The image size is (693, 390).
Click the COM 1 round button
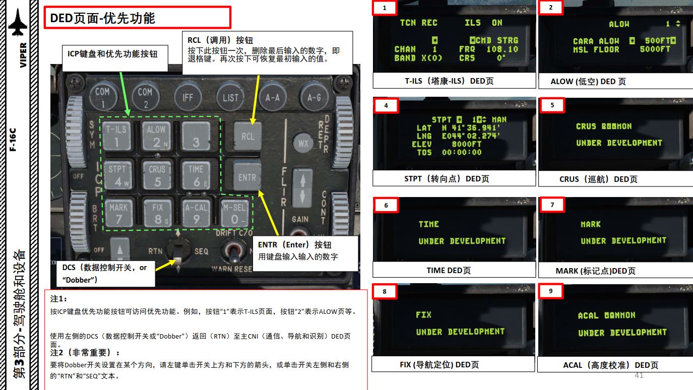pos(102,95)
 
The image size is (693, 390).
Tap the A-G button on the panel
pos(313,96)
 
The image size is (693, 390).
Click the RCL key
pos(247,136)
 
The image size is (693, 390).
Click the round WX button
pos(303,143)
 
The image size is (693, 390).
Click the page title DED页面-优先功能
pos(103,19)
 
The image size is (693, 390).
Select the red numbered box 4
pos(386,106)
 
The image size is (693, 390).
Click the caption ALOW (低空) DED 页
pos(588,81)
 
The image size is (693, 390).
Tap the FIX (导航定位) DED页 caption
pos(439,364)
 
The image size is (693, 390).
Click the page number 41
pos(639,375)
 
